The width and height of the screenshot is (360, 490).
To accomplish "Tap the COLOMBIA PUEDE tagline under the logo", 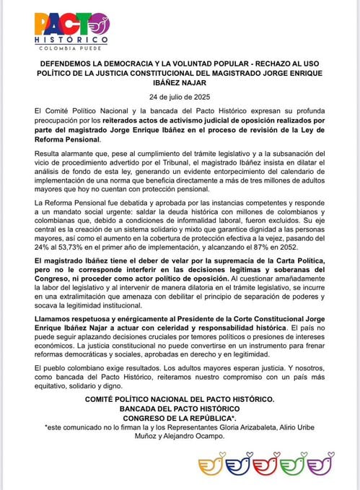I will (73, 48).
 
